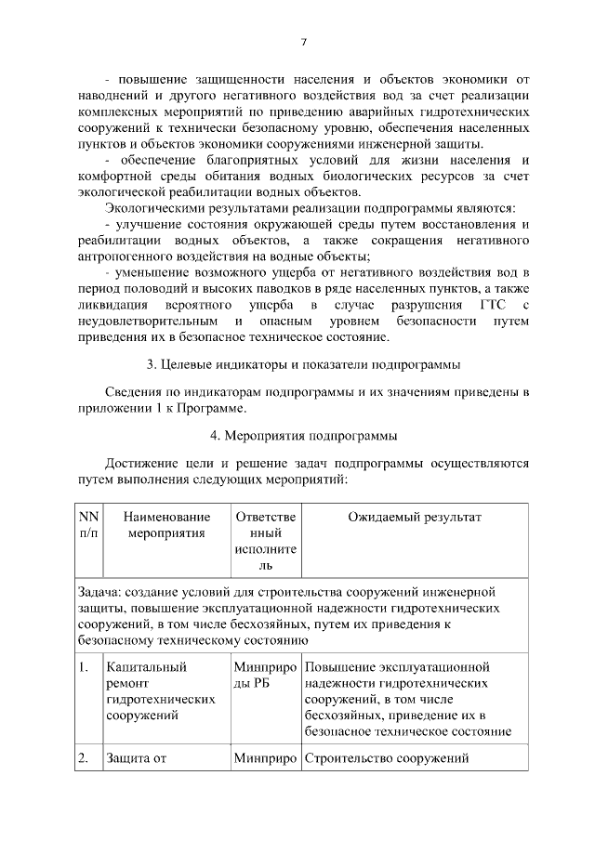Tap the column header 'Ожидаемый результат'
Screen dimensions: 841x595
[x=415, y=517]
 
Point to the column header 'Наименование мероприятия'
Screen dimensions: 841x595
[x=165, y=525]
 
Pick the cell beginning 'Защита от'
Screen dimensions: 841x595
[x=136, y=757]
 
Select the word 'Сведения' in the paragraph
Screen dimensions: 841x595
[x=133, y=393]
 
